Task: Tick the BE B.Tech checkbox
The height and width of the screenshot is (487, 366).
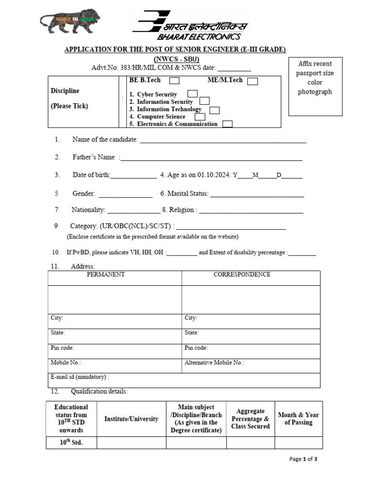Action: [x=174, y=81]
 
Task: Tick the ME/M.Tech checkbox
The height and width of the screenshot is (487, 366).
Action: [x=253, y=81]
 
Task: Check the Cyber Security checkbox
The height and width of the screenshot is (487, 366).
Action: [x=193, y=94]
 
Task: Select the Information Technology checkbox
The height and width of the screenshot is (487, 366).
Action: [x=214, y=110]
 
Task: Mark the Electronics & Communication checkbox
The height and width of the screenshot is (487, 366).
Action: [x=228, y=124]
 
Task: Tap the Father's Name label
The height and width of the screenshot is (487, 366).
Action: [x=93, y=157]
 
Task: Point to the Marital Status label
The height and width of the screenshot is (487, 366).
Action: [x=184, y=194]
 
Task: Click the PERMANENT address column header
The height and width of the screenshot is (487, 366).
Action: [x=105, y=275]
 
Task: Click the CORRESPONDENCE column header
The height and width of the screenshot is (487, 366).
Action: [x=242, y=275]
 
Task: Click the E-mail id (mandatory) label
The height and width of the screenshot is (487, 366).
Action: [x=80, y=377]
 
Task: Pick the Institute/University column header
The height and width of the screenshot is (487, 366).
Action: [x=131, y=419]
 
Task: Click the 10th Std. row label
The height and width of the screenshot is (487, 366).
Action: [x=71, y=442]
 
